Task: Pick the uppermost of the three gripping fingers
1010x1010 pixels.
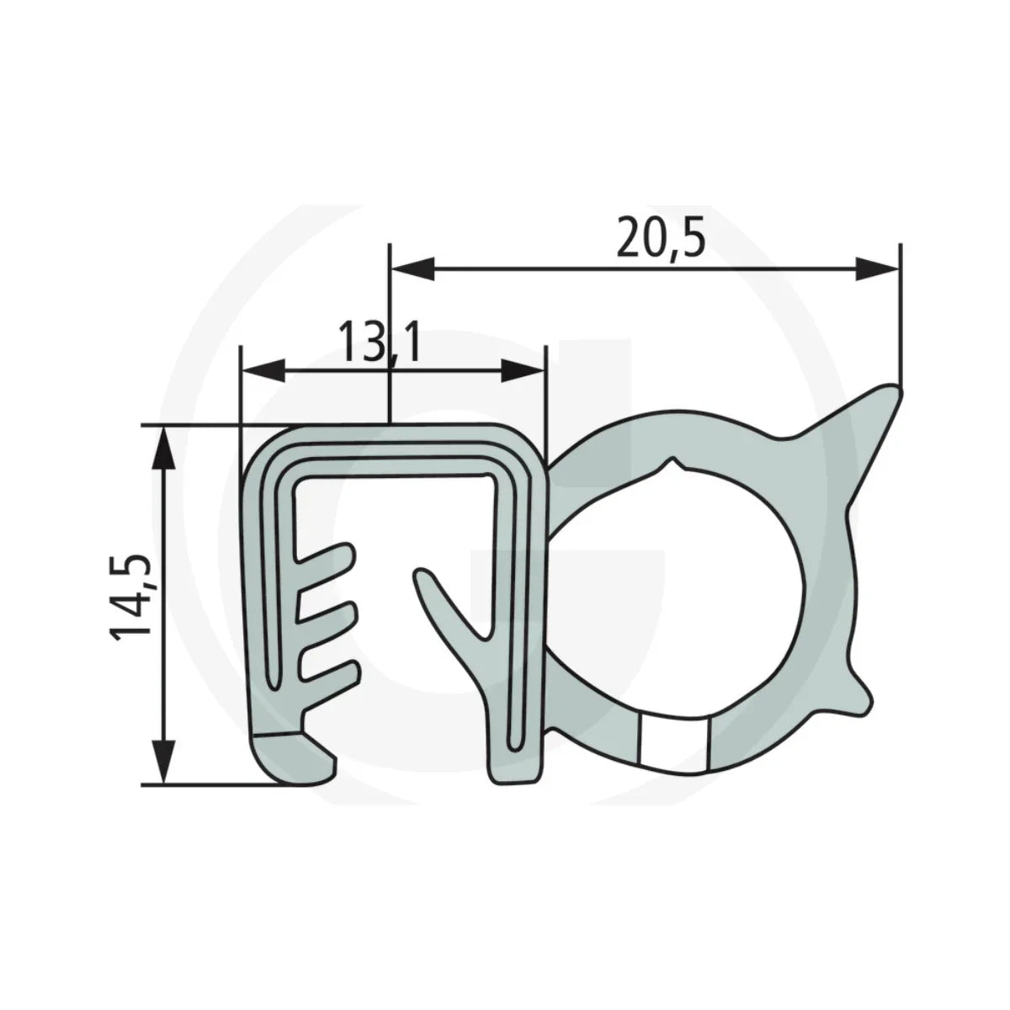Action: (328, 556)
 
